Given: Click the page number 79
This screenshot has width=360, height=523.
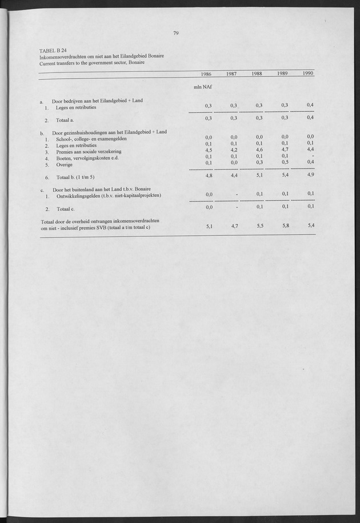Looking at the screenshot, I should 176,33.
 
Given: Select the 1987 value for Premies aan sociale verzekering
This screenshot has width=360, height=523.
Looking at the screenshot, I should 233,150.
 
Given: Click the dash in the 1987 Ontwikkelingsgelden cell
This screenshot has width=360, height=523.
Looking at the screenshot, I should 236,195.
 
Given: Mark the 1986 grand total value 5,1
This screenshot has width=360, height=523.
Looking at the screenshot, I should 209,227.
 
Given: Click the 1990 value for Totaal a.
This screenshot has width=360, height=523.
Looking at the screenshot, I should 310,118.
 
